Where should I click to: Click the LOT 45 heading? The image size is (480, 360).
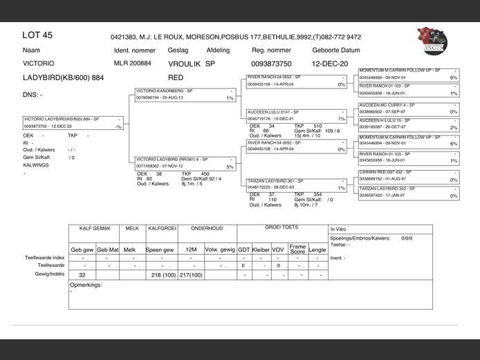point(37,35)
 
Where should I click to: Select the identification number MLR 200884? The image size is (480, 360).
point(132,64)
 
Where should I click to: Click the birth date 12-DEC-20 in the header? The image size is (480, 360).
point(330,64)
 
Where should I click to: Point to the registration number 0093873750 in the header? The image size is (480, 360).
point(272,64)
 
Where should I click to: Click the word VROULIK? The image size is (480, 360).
point(185,64)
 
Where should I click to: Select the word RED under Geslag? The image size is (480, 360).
point(176,77)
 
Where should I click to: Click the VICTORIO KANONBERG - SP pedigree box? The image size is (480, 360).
point(185,94)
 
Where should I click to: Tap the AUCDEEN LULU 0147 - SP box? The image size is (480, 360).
point(296,115)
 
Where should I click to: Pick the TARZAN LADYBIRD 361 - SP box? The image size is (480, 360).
point(296,183)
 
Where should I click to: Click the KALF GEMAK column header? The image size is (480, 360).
point(95,227)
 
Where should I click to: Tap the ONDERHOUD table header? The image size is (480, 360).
point(207,227)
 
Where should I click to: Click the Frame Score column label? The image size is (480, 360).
point(297,249)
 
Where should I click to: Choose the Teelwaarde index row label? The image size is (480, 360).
point(45,257)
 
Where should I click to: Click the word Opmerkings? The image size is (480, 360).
point(86,284)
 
